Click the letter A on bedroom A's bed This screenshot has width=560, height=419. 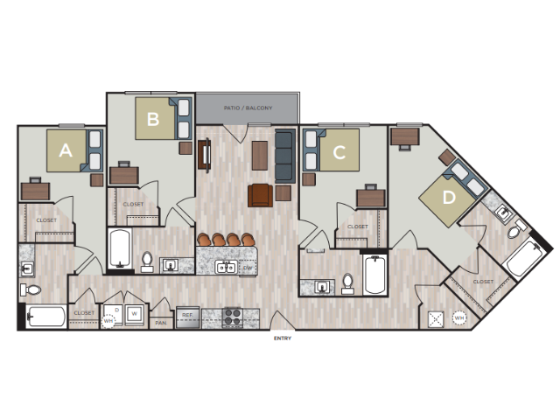pos(65,150)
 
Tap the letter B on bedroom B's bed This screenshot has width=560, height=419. pos(153,120)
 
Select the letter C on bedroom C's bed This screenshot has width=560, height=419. pos(339,152)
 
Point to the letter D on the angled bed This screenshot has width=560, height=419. pos(449,198)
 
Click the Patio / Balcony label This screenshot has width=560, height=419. pos(248,108)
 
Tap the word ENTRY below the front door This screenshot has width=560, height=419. pos(282,338)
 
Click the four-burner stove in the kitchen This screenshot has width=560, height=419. pos(233,317)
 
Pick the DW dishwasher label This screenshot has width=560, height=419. pos(248,267)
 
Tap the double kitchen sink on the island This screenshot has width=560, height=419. pos(226,267)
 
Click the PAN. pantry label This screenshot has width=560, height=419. pos(161,322)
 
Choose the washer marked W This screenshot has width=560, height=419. pos(135,313)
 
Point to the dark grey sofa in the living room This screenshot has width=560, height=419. pos(284,156)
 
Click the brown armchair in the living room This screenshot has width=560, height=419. pos(260,195)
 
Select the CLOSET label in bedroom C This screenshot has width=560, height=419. pos(358,227)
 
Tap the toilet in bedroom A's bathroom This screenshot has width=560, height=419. pos(32,290)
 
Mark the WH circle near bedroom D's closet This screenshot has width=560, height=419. pos(459,318)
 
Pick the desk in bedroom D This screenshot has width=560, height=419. pos(405,136)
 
